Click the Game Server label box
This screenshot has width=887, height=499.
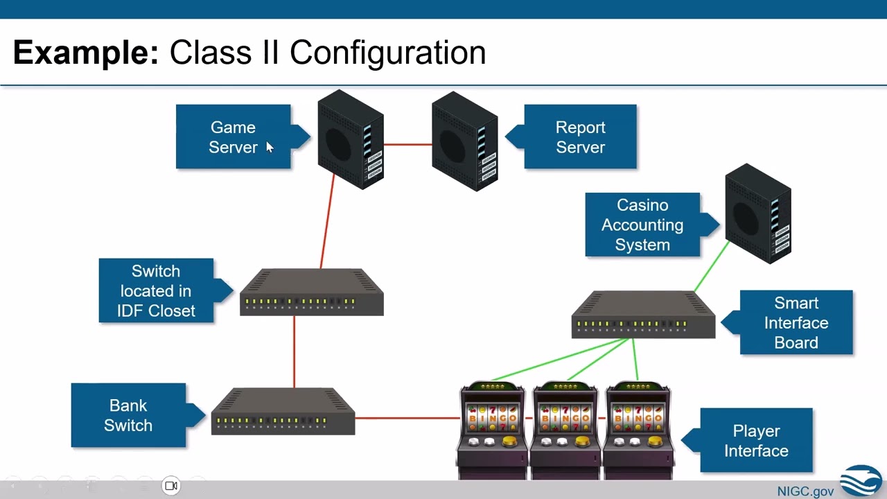click(233, 137)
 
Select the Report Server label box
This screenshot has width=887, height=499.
click(580, 137)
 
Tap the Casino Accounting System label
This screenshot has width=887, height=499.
click(642, 225)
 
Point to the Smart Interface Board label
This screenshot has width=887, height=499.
click(796, 322)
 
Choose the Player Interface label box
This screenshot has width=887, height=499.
click(756, 441)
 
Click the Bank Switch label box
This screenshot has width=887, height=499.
click(128, 415)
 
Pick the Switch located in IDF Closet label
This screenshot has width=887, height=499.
click(156, 291)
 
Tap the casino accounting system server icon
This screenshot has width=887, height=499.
click(757, 213)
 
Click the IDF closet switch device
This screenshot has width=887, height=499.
click(311, 292)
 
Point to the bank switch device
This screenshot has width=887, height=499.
click(283, 412)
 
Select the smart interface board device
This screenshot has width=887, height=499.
click(643, 315)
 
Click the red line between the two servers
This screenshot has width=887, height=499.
click(407, 144)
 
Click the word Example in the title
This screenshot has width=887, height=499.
click(86, 53)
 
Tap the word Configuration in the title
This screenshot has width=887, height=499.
click(387, 53)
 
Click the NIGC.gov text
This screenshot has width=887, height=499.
click(805, 491)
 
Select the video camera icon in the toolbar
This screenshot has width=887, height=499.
click(171, 486)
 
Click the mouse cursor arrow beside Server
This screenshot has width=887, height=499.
click(270, 147)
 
